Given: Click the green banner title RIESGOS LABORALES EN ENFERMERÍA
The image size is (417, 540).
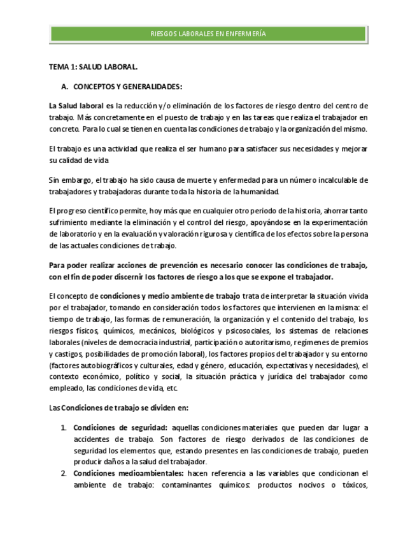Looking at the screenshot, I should click(208, 34).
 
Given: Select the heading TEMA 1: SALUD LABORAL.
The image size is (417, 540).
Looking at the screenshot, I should click(93, 66).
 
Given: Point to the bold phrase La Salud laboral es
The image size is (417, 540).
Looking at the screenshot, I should click(81, 106).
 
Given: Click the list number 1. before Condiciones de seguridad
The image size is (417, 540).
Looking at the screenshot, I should click(64, 427).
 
